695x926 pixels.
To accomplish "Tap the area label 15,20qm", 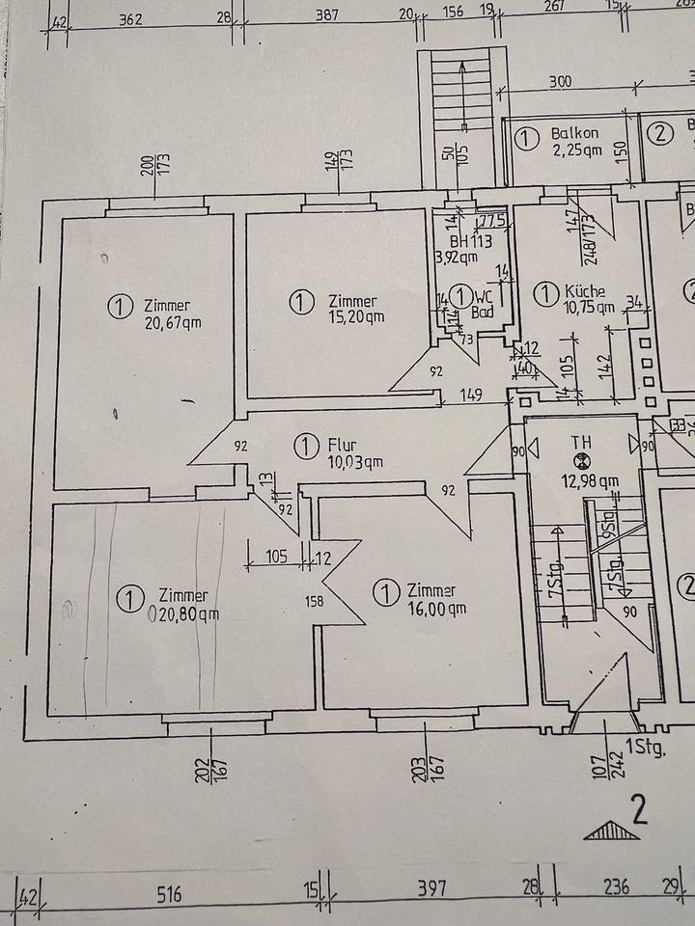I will click(355, 316).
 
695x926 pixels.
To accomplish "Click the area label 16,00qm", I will click(436, 608).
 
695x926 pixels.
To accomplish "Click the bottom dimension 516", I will click(169, 894).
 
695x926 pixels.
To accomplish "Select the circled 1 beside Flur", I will click(305, 446).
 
